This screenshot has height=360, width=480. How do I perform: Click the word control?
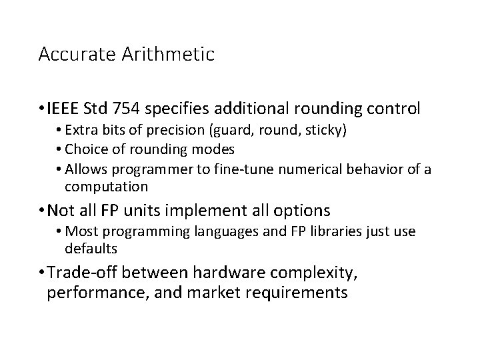pyautogui.click(x=395, y=108)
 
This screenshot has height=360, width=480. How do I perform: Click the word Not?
pyautogui.click(x=61, y=211)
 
